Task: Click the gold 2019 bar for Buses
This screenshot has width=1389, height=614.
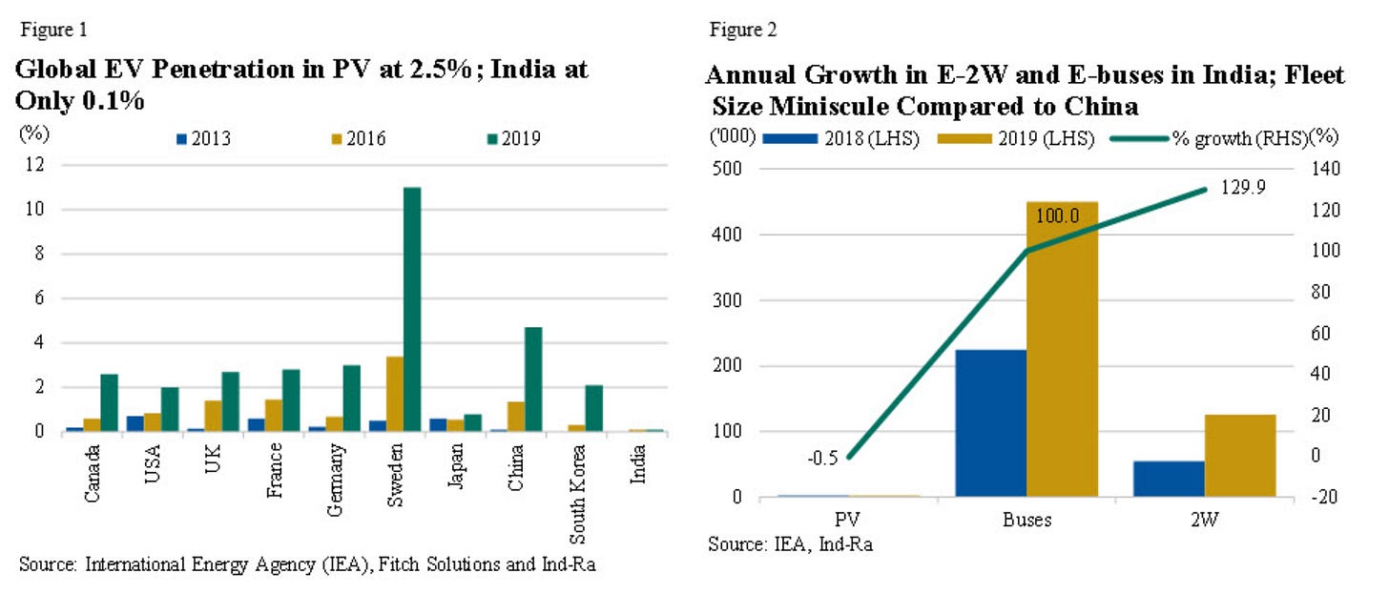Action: (1062, 349)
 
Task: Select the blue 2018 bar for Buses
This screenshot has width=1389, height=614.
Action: (990, 423)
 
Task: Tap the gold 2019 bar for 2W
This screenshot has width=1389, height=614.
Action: (1240, 456)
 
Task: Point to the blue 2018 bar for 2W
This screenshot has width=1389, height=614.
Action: (1169, 479)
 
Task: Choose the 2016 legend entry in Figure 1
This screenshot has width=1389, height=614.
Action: (352, 139)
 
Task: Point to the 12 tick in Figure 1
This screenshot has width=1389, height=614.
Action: (36, 166)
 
